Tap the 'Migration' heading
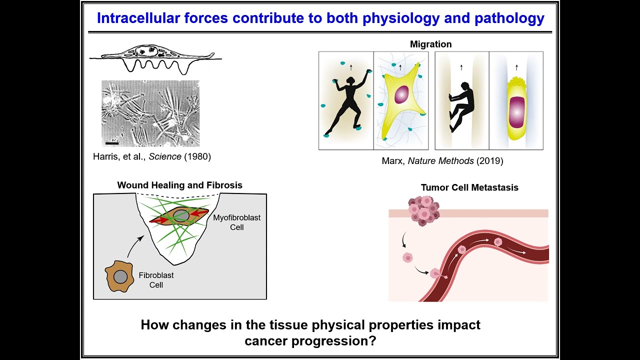(430, 44)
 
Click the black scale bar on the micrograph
(112, 142)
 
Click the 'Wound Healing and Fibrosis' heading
(179, 185)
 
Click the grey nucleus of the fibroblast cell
(120, 276)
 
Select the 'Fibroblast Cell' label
(156, 280)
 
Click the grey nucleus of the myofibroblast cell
(181, 216)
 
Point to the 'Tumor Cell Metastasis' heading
(469, 187)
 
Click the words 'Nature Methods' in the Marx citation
(443, 161)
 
